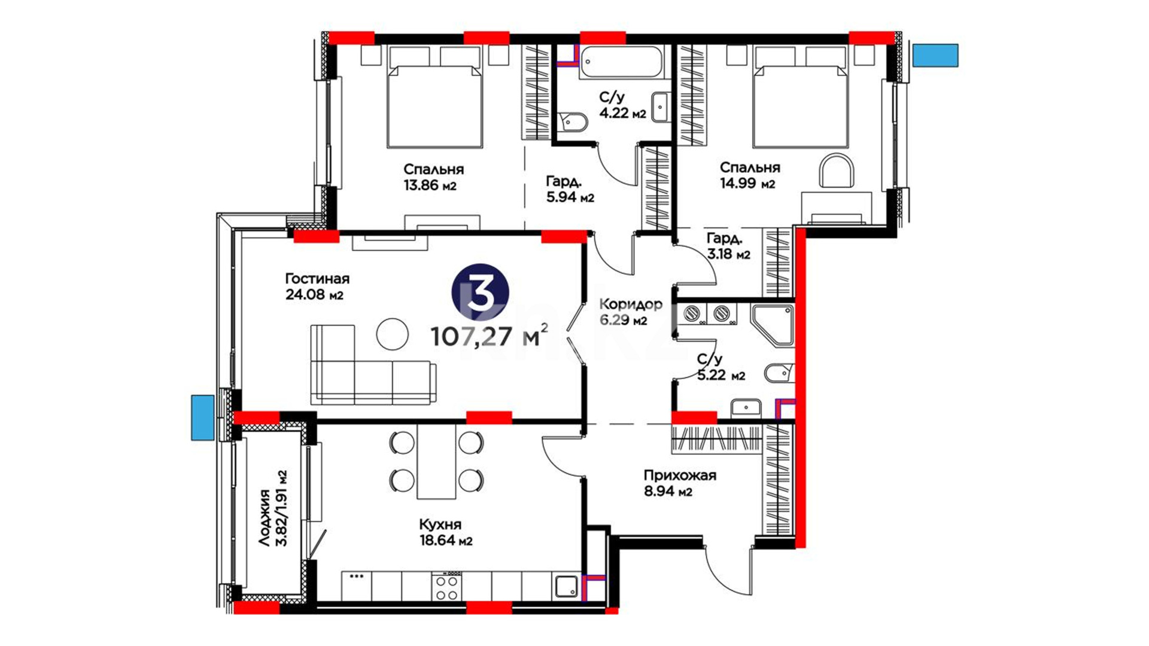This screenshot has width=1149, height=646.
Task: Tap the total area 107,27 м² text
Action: click(x=490, y=336)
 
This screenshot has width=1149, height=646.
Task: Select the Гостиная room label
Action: click(x=317, y=279)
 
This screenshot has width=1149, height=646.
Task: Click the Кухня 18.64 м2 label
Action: click(x=446, y=532)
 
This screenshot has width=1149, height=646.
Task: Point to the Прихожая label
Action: click(x=680, y=476)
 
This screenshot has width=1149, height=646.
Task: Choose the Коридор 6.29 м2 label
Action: click(x=631, y=312)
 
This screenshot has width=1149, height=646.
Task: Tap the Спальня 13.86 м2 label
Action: click(x=433, y=177)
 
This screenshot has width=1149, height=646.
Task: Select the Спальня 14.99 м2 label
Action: click(x=749, y=175)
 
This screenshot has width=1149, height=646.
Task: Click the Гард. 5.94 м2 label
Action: click(x=570, y=188)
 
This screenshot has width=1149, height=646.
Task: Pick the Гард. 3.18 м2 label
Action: click(x=728, y=246)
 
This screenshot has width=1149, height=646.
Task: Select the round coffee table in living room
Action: click(x=393, y=334)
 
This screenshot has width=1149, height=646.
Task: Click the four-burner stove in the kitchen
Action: click(x=447, y=587)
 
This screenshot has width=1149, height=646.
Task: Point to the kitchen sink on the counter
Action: click(x=567, y=586)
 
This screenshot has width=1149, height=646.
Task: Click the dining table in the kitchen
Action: click(x=436, y=461)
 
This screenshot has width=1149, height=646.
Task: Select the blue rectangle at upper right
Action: click(x=935, y=55)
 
